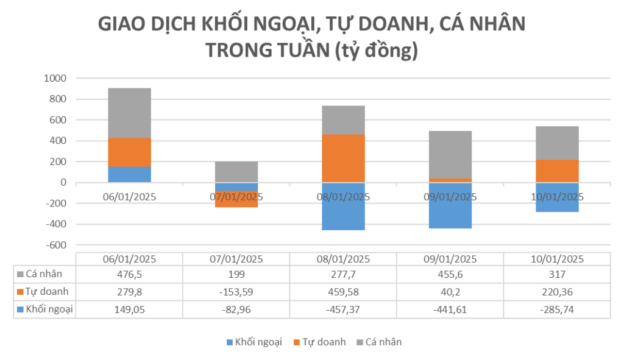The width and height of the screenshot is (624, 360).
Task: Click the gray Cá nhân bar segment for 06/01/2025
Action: pyautogui.click(x=129, y=113)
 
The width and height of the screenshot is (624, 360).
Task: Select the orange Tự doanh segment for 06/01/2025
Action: pyautogui.click(x=129, y=152)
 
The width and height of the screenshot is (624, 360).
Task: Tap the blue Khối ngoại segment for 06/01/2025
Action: pyautogui.click(x=129, y=174)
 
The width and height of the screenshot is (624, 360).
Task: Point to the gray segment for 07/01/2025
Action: pyautogui.click(x=236, y=172)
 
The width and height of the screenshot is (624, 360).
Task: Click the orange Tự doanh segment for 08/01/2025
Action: pyautogui.click(x=343, y=158)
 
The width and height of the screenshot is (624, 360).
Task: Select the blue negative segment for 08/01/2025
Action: pyautogui.click(x=343, y=210)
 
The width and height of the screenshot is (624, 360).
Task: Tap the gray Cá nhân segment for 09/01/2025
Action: pyautogui.click(x=450, y=155)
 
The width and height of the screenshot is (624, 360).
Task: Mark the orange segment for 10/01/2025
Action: pyautogui.click(x=557, y=171)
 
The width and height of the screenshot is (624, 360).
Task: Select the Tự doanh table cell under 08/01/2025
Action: pyautogui.click(x=343, y=292)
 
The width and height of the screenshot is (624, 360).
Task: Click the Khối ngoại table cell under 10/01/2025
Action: pyautogui.click(x=557, y=309)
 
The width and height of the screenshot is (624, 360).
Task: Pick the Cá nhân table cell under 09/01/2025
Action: pyautogui.click(x=450, y=274)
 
